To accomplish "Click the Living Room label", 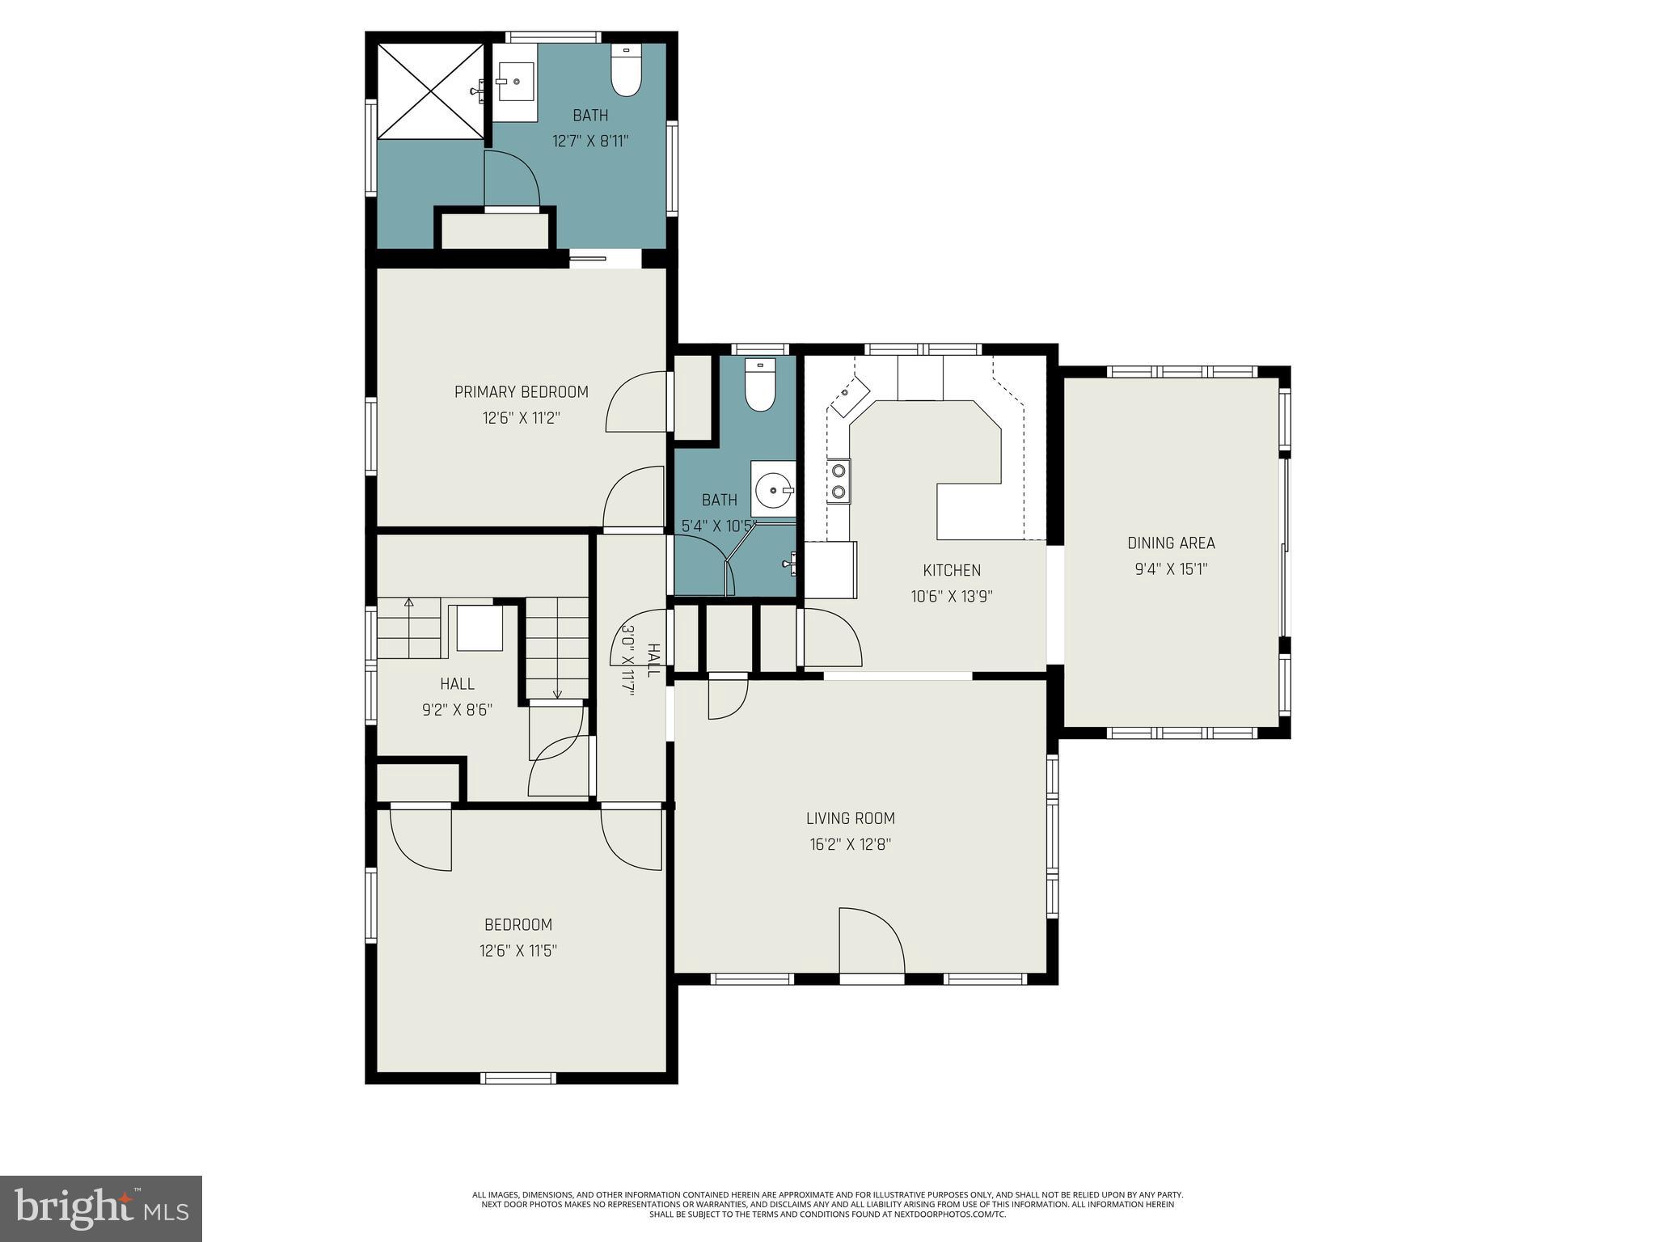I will tap(850, 818).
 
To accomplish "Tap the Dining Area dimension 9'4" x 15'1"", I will tap(1170, 569).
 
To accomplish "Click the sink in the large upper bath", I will tap(514, 82).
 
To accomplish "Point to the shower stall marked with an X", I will tap(430, 91).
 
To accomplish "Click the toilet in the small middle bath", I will tap(759, 386).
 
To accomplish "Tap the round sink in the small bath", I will tap(773, 489).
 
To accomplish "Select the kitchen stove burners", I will tap(839, 480).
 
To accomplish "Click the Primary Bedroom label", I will tap(521, 392).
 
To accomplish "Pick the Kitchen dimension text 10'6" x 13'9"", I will tap(951, 597).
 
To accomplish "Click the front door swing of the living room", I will tap(871, 941).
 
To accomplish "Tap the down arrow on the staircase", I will tap(557, 693).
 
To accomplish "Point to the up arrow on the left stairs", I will tap(408, 602).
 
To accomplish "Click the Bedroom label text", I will tap(517, 924).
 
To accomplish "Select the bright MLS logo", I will tap(100, 1208).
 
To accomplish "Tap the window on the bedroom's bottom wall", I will tap(518, 1077).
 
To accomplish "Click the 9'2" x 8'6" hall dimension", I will tap(457, 710).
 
